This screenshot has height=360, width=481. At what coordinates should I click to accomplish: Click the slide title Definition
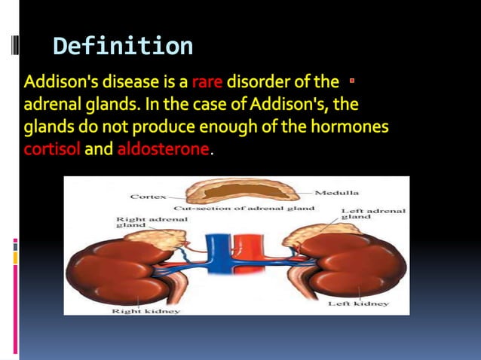[x=123, y=47]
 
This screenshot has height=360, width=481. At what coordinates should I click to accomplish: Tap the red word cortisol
[x=52, y=149]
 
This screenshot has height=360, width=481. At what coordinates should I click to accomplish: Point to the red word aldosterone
[x=163, y=149]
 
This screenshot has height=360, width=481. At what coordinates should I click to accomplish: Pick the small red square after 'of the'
[x=352, y=78]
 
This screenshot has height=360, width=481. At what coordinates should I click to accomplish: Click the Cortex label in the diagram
[x=149, y=196]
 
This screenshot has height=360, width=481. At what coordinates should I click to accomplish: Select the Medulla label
[x=336, y=193]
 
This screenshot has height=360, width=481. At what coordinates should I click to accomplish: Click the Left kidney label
[x=358, y=304]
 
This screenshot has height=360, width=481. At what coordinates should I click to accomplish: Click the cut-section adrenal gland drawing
[x=241, y=189]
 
